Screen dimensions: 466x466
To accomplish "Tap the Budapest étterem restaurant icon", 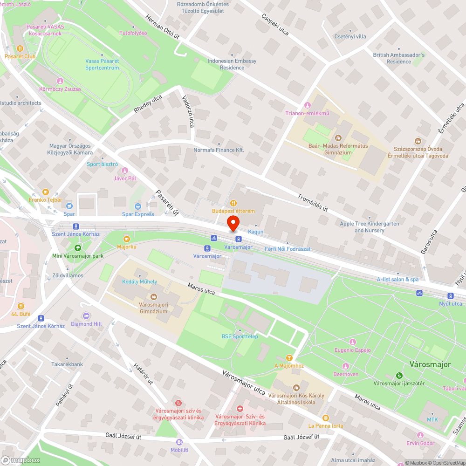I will [x=233, y=203].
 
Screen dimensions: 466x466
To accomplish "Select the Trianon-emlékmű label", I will [x=308, y=113].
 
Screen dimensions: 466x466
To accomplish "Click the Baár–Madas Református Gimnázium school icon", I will [x=338, y=138].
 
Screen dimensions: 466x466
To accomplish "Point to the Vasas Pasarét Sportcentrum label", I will [x=102, y=64].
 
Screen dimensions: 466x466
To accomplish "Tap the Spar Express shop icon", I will [x=138, y=206].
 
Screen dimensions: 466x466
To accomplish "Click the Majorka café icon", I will [x=126, y=239].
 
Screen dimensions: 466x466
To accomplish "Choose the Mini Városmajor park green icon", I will [x=77, y=248].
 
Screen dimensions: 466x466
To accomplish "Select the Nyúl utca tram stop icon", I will [x=450, y=295].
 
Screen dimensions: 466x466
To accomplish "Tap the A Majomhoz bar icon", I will [x=289, y=357].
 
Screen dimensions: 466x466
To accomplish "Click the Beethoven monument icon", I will [x=346, y=366].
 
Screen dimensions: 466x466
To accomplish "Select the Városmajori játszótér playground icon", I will [x=399, y=376].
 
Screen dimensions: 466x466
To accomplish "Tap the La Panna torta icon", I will [x=325, y=418].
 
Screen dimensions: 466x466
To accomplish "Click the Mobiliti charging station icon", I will [x=179, y=442].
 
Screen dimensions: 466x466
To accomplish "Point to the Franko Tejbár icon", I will [x=45, y=192].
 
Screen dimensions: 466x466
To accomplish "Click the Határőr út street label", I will [x=144, y=374].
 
